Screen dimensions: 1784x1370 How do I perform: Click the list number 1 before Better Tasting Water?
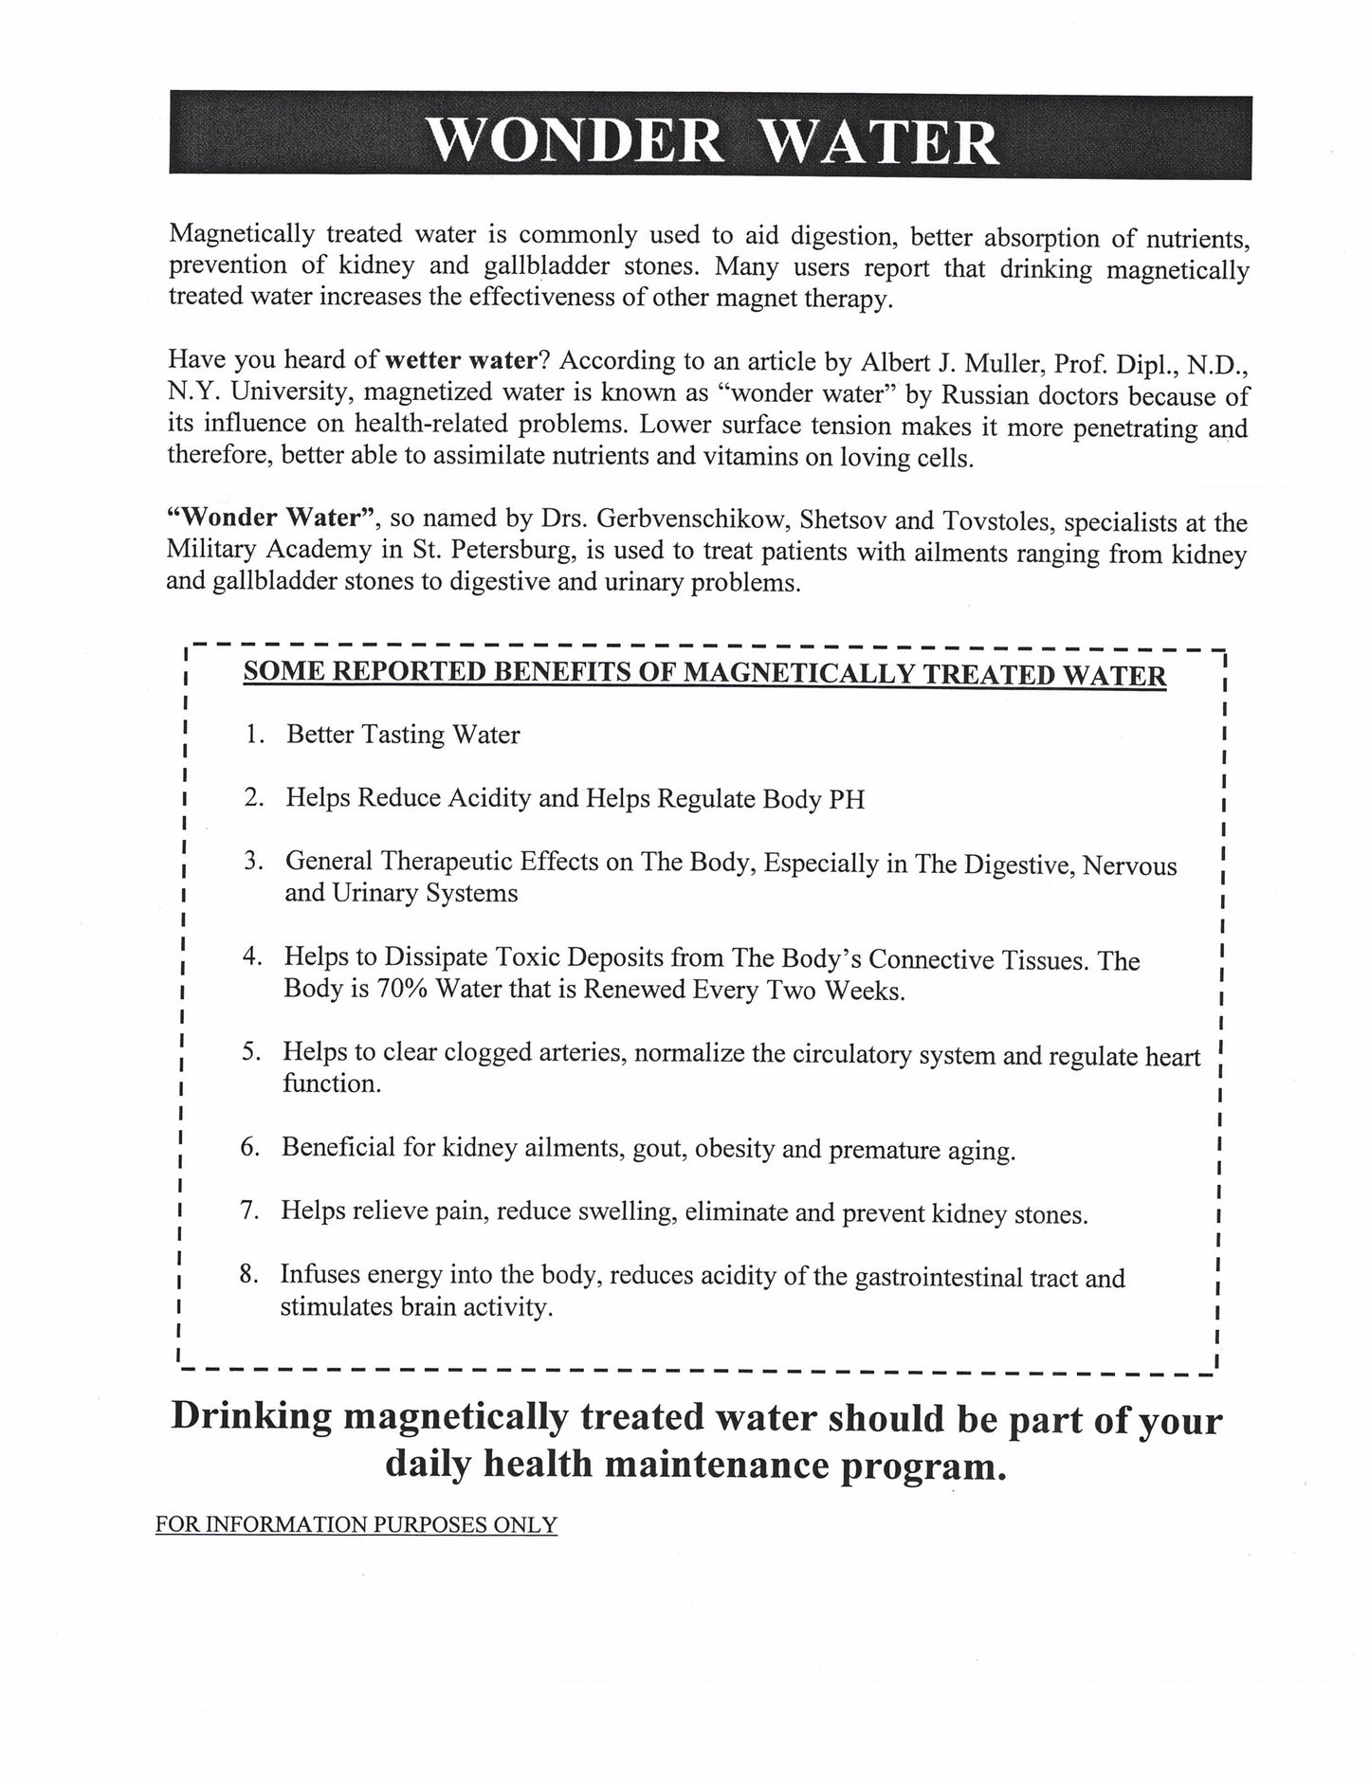[252, 735]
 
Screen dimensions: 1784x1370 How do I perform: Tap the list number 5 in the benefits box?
[250, 1052]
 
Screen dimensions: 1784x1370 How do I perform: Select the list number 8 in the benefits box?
[248, 1275]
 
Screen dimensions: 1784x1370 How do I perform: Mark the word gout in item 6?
[657, 1149]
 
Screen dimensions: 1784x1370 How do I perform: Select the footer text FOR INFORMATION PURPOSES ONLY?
[356, 1525]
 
